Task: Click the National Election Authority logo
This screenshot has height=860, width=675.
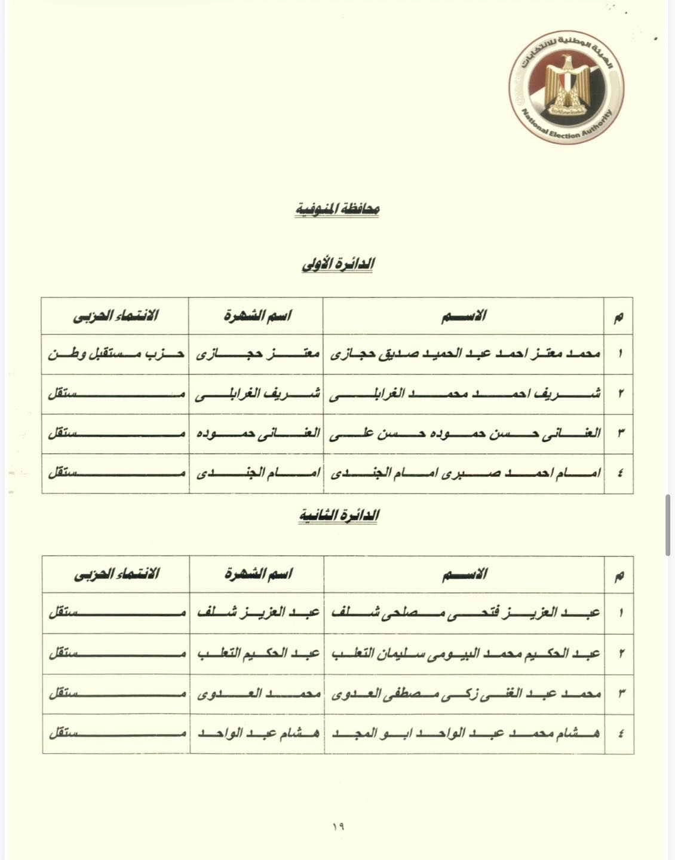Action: (566, 87)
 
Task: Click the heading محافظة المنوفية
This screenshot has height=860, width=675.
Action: (337, 210)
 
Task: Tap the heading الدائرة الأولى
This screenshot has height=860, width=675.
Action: (337, 264)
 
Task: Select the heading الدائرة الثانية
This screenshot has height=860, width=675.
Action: (339, 515)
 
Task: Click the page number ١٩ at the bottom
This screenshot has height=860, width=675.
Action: (337, 827)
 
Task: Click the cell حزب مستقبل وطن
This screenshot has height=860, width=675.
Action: (115, 354)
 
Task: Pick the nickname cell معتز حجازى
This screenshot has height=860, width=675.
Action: (256, 354)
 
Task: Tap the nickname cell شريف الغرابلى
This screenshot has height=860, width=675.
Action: (256, 394)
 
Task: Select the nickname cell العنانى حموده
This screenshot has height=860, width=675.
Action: (256, 433)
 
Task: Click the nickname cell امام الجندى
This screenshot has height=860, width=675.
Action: (256, 473)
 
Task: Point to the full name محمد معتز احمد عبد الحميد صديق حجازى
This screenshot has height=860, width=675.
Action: (464, 354)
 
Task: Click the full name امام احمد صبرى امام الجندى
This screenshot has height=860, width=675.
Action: (464, 473)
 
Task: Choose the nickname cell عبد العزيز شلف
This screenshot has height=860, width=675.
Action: (257, 613)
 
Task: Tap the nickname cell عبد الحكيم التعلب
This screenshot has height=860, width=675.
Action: (257, 653)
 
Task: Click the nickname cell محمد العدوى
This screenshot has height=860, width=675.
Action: (257, 693)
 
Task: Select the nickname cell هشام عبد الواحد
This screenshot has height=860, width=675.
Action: (257, 733)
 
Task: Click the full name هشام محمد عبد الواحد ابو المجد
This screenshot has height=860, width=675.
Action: (464, 733)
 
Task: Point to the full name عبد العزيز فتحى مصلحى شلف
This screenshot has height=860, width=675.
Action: (464, 613)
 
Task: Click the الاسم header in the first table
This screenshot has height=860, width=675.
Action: (464, 315)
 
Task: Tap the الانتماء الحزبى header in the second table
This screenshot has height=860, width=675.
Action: (116, 575)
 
